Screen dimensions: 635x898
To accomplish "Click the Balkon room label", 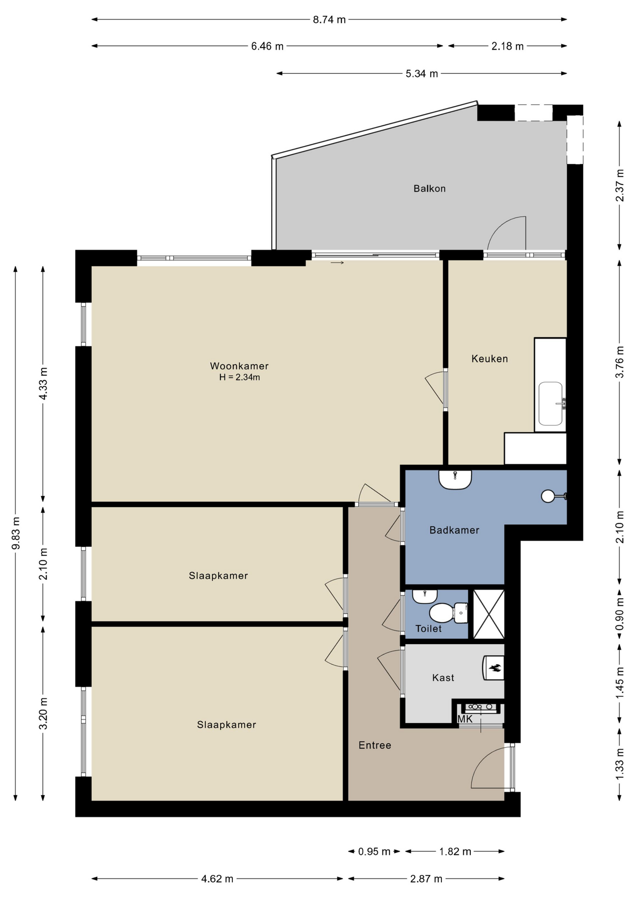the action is click(x=429, y=188).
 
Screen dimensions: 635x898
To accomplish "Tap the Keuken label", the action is click(x=490, y=359).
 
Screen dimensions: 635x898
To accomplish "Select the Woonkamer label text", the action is click(x=239, y=366).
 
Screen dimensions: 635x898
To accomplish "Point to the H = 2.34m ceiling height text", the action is click(x=239, y=377).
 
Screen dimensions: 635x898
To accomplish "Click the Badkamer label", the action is click(x=455, y=530).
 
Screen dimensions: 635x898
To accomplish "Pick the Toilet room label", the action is click(x=428, y=629).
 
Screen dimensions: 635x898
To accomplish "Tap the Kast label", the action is click(x=443, y=678).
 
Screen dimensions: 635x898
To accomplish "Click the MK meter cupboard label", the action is click(x=465, y=719).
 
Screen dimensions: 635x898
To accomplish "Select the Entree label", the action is click(x=375, y=745).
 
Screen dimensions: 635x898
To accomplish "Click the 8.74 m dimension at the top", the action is click(x=329, y=20).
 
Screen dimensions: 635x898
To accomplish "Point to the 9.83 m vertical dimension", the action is click(x=15, y=533).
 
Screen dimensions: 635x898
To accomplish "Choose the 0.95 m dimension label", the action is click(x=374, y=852).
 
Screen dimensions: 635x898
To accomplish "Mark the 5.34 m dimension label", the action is click(x=422, y=73).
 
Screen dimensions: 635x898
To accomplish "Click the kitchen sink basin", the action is click(x=550, y=404).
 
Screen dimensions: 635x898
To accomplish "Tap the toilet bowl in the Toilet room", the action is click(x=441, y=613).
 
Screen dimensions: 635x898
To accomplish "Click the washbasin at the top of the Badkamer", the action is click(x=455, y=479).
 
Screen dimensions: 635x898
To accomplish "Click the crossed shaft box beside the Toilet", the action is click(x=489, y=614).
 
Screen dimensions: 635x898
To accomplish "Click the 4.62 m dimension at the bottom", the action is click(x=217, y=879).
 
